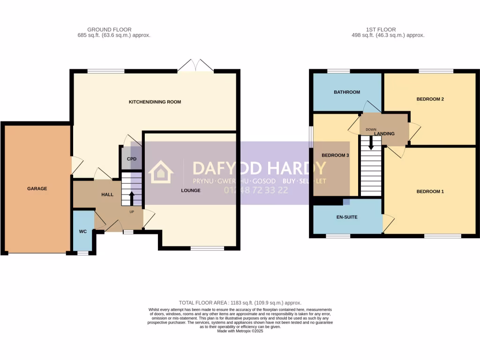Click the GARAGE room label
pos(37,188)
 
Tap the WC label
pos(82,232)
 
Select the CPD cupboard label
pos(132,159)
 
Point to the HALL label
pos(108,194)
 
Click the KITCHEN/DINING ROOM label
pos(155,102)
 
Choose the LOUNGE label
pos(191,190)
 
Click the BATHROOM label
pos(347,92)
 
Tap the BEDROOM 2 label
pos(430,99)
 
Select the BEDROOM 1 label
pos(430,191)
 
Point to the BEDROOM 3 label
pos(335,155)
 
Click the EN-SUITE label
pos(347,217)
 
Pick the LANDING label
pos(384,134)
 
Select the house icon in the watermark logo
pos(161,172)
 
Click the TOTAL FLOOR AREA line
pos(240,303)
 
